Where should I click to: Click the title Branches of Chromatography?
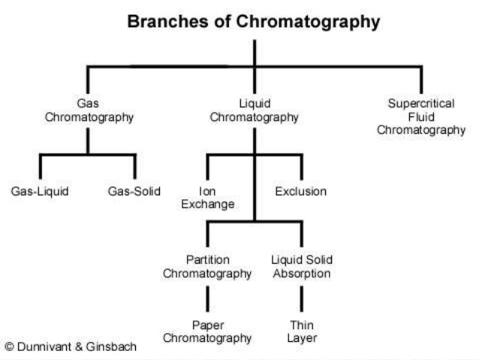pyautogui.click(x=254, y=22)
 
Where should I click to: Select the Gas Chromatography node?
pyautogui.click(x=88, y=110)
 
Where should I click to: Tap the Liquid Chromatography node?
pyautogui.click(x=254, y=110)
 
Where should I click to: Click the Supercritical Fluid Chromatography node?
pyautogui.click(x=420, y=116)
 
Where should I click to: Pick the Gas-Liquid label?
pyautogui.click(x=40, y=191)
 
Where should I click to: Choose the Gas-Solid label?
pyautogui.click(x=134, y=191)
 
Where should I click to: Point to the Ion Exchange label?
pyautogui.click(x=207, y=198)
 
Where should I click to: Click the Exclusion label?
pyautogui.click(x=300, y=191)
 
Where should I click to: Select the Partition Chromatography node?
pyautogui.click(x=207, y=267)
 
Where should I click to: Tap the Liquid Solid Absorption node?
pyautogui.click(x=301, y=267)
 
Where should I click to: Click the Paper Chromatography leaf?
pyautogui.click(x=207, y=331)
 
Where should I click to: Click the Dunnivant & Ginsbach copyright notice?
pyautogui.click(x=71, y=347)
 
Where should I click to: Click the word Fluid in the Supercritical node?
pyautogui.click(x=421, y=116)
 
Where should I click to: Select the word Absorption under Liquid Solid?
pyautogui.click(x=301, y=274)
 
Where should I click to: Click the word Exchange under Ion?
pyautogui.click(x=207, y=204)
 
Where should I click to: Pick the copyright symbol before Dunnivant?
pyautogui.click(x=10, y=347)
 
